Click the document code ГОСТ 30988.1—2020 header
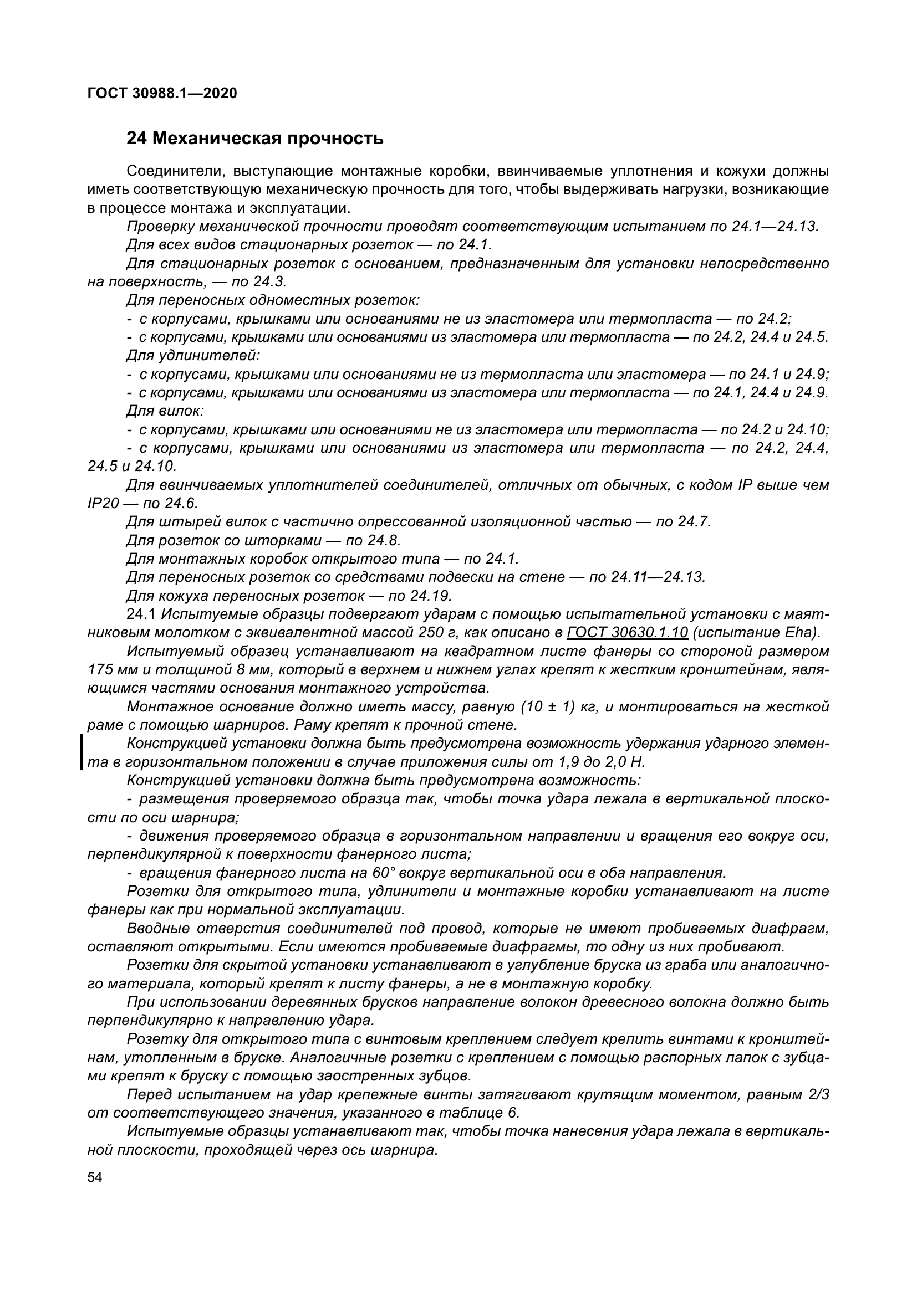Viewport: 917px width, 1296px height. coord(162,94)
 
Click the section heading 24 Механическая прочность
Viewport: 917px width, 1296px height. coord(254,139)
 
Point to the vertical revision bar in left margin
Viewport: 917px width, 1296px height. coord(82,752)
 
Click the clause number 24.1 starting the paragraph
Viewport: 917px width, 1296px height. coord(141,614)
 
